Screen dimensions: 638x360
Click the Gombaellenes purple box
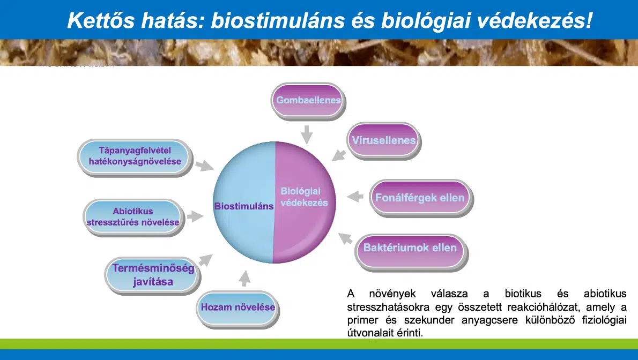pyautogui.click(x=308, y=101)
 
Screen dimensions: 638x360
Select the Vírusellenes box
pyautogui.click(x=383, y=141)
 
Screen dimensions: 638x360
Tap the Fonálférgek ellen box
pyautogui.click(x=420, y=198)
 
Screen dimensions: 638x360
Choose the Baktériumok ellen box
pyautogui.click(x=411, y=247)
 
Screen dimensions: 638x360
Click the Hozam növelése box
pyautogui.click(x=238, y=307)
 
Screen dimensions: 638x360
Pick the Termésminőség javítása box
pyautogui.click(x=153, y=275)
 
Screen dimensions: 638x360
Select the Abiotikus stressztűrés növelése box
pyautogui.click(x=133, y=217)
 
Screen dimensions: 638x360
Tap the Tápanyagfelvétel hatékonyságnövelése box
pyautogui.click(x=135, y=156)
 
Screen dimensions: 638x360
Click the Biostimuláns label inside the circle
pyautogui.click(x=244, y=206)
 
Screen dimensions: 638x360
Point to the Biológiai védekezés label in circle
pyautogui.click(x=305, y=197)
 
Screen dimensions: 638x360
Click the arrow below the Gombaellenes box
pyautogui.click(x=307, y=134)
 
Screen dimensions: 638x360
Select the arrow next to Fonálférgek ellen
pyautogui.click(x=355, y=197)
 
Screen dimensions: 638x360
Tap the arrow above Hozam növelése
pyautogui.click(x=244, y=279)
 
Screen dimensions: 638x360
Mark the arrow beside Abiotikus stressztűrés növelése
pyautogui.click(x=195, y=216)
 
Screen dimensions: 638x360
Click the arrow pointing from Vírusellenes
pyautogui.click(x=339, y=155)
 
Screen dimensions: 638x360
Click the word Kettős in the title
pyautogui.click(x=100, y=20)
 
